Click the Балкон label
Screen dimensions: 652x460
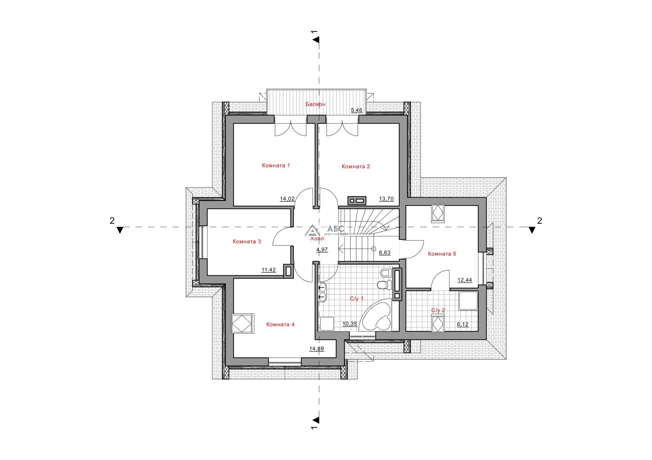[315, 104]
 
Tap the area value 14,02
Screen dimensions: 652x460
[287, 199]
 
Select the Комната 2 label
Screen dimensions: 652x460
[356, 167]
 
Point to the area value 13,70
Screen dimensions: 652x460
[386, 199]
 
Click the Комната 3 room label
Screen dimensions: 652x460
[247, 242]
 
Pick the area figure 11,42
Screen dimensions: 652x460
[269, 270]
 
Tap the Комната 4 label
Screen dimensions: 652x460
[280, 324]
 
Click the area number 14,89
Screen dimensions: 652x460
[317, 349]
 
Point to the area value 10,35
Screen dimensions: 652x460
[350, 324]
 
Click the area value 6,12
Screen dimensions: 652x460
[463, 324]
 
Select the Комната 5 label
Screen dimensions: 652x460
[442, 254]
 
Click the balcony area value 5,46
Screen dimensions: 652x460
[357, 110]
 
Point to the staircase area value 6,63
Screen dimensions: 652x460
[385, 253]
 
